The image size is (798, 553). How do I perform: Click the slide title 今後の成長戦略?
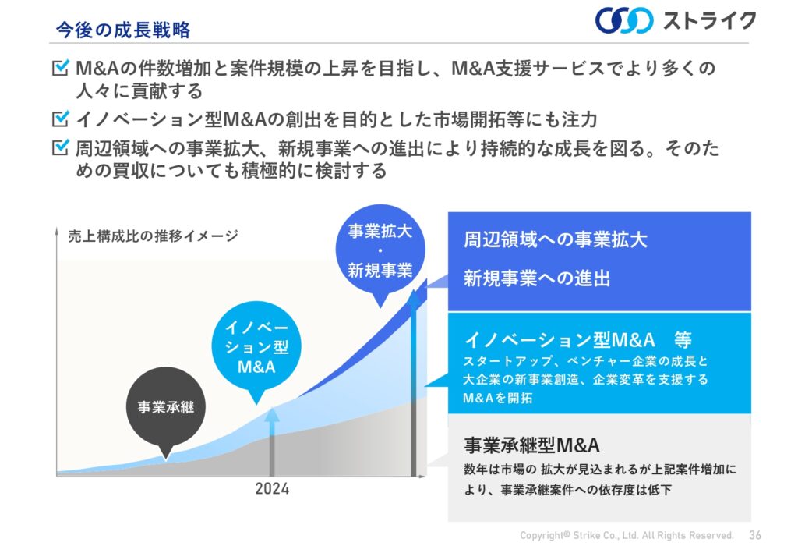123,30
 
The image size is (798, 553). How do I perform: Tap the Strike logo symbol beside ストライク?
624,20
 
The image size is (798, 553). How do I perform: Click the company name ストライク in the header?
709,21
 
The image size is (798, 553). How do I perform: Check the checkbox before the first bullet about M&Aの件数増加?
61,67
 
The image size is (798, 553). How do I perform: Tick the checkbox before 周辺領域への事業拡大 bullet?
61,147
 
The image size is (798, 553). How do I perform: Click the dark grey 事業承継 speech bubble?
166,407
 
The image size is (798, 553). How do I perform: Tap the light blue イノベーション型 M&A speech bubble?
256,346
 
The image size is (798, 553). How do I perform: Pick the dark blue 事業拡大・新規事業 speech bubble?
380,250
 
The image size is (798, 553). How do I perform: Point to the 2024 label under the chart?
272,489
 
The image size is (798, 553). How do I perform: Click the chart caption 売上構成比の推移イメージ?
154,236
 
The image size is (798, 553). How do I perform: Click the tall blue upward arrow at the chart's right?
414,383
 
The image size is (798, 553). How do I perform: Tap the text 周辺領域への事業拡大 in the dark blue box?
555,239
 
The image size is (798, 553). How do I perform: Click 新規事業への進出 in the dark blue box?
537,278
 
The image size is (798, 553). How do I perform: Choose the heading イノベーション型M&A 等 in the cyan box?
578,339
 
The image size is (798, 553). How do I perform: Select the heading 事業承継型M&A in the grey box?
531,445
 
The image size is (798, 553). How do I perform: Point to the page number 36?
755,535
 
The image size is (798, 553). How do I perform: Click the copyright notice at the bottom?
627,535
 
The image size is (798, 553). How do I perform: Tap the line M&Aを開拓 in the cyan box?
498,398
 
